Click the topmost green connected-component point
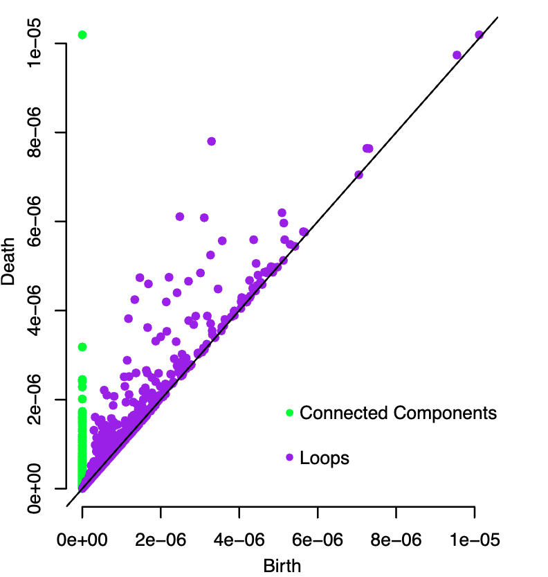[82, 35]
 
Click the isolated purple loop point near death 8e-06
[212, 141]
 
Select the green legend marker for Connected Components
[289, 414]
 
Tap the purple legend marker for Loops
[289, 458]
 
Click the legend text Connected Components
[399, 414]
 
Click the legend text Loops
[325, 458]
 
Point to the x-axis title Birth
[282, 566]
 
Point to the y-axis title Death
[10, 267]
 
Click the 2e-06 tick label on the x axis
[161, 538]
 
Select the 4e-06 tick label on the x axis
[239, 538]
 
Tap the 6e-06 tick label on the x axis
[318, 538]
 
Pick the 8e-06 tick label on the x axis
[396, 538]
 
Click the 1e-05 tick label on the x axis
[475, 538]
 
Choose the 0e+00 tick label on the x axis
[82, 538]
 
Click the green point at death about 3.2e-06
[82, 346]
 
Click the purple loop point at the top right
[479, 35]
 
